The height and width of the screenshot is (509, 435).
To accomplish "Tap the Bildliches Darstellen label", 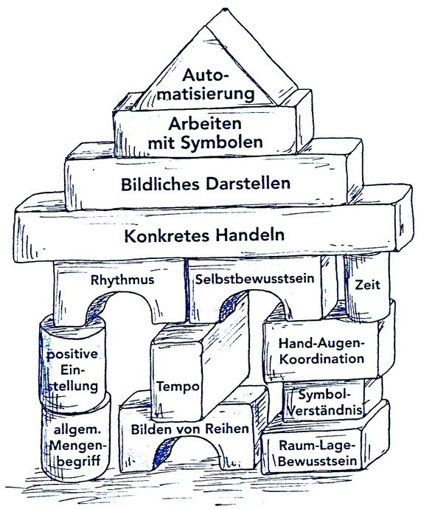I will (206, 182).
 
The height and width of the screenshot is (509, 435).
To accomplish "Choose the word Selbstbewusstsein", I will (256, 280).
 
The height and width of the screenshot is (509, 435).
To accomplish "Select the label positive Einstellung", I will (72, 370).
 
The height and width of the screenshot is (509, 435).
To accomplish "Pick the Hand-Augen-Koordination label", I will (321, 351).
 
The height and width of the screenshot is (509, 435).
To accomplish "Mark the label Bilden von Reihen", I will (189, 429).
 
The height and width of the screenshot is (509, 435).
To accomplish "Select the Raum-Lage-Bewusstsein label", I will (319, 454).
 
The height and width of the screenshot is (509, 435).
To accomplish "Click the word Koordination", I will (321, 359).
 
